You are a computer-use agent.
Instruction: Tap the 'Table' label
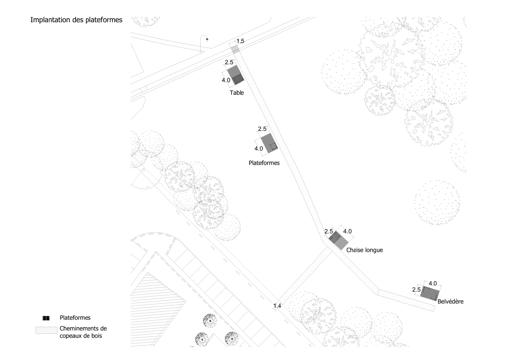pyautogui.click(x=237, y=93)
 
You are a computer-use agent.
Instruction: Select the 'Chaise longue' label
pyautogui.click(x=365, y=250)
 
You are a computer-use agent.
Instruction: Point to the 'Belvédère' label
pyautogui.click(x=450, y=302)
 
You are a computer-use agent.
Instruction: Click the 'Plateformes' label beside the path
pyautogui.click(x=264, y=163)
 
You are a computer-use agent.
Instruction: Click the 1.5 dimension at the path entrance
pyautogui.click(x=241, y=41)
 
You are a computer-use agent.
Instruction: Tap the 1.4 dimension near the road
pyautogui.click(x=277, y=305)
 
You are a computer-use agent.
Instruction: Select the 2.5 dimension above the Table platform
pyautogui.click(x=229, y=62)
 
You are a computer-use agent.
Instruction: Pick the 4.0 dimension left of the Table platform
pyautogui.click(x=226, y=80)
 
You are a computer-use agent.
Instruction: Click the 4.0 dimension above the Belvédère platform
pyautogui.click(x=433, y=283)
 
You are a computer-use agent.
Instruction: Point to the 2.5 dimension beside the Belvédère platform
pyautogui.click(x=416, y=290)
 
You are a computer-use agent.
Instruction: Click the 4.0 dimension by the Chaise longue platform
pyautogui.click(x=347, y=231)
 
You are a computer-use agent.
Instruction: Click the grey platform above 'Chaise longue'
pyautogui.click(x=338, y=240)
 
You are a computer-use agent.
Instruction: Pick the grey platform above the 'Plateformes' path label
pyautogui.click(x=269, y=143)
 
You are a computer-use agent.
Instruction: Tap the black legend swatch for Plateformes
pyautogui.click(x=46, y=318)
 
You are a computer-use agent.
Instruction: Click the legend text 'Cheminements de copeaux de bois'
pyautogui.click(x=83, y=332)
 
